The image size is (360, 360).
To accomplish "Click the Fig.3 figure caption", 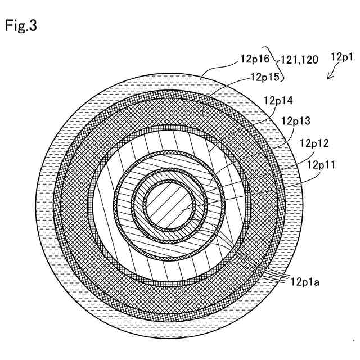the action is click(x=21, y=26).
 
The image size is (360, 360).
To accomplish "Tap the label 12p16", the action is click(x=255, y=58).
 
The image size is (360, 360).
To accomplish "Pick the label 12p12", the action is click(x=315, y=143).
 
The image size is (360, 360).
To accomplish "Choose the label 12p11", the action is click(x=322, y=164).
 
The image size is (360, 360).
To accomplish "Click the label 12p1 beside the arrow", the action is click(x=341, y=57).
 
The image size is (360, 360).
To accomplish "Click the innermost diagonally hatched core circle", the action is click(x=170, y=204).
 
